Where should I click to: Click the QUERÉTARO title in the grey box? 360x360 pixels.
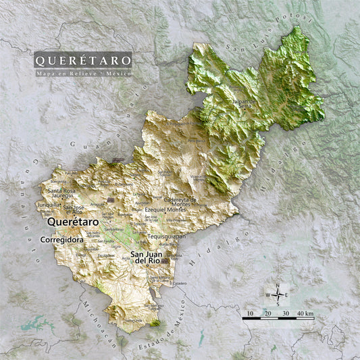83,59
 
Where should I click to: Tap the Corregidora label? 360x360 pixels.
61,239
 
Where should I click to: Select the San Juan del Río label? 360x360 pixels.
147,257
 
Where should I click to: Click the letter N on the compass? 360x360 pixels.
278,285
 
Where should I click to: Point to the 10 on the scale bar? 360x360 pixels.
250,313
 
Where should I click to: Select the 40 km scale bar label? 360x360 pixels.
304,313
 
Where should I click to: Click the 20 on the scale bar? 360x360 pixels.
267,313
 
